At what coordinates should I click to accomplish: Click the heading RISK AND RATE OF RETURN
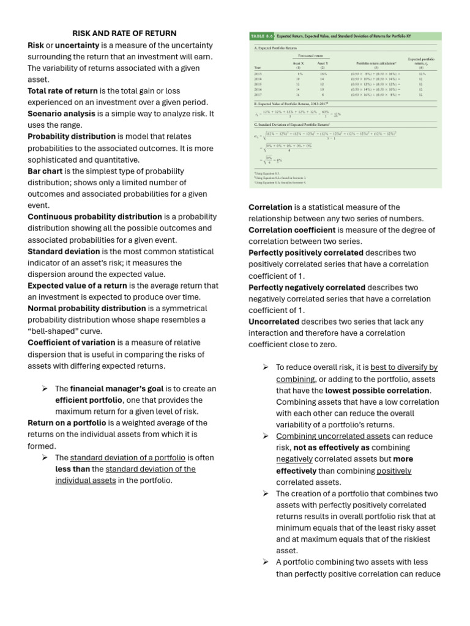pyautogui.click(x=124, y=33)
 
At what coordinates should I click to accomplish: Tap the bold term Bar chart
pyautogui.click(x=45, y=171)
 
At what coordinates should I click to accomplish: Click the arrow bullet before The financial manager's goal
pyautogui.click(x=45, y=389)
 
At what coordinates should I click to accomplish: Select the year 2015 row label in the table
pyautogui.click(x=258, y=73)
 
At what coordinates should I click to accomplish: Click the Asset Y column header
pyautogui.click(x=323, y=63)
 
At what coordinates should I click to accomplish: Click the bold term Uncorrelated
pyautogui.click(x=274, y=322)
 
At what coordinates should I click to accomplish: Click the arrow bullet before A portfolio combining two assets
pyautogui.click(x=266, y=562)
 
